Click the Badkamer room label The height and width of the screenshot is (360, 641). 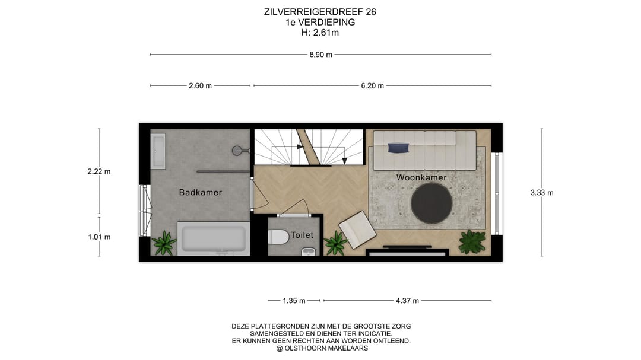tap(201, 192)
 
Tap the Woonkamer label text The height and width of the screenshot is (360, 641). tap(421, 177)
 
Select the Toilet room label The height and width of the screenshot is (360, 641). tap(302, 235)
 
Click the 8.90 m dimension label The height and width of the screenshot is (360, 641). tap(320, 55)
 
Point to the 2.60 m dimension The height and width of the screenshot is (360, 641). tap(200, 85)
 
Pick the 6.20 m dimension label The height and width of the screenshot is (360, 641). tap(372, 85)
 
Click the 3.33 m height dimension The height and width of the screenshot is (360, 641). tap(541, 192)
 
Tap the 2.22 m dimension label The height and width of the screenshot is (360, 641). tap(99, 171)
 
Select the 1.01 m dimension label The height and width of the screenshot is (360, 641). tap(99, 237)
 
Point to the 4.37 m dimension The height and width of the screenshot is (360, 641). tap(407, 301)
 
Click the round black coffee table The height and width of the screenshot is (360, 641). tap(432, 203)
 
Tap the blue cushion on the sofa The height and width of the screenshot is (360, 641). tap(397, 147)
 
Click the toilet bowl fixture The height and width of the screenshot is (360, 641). tap(278, 237)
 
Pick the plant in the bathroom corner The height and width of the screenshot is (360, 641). tap(163, 243)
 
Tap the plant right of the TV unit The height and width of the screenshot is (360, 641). tap(472, 241)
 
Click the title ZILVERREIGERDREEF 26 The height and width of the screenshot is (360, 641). tap(320, 12)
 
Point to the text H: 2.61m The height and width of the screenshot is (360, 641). tap(320, 33)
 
